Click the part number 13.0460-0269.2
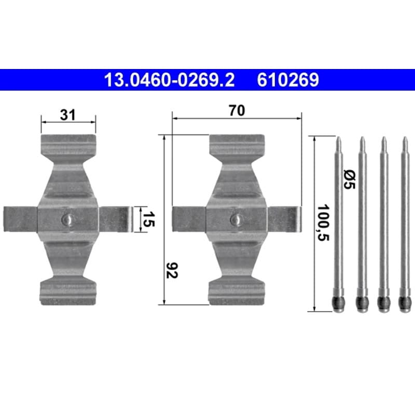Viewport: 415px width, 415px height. (x=170, y=80)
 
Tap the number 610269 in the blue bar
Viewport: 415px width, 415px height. (x=288, y=80)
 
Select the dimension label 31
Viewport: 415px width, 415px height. (x=68, y=115)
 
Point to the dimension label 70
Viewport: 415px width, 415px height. (x=237, y=110)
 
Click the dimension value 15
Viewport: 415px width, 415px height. (x=148, y=219)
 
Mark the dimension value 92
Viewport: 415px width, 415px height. (x=172, y=270)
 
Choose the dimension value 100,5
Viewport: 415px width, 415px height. (x=323, y=223)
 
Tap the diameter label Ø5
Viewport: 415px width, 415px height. (x=349, y=179)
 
